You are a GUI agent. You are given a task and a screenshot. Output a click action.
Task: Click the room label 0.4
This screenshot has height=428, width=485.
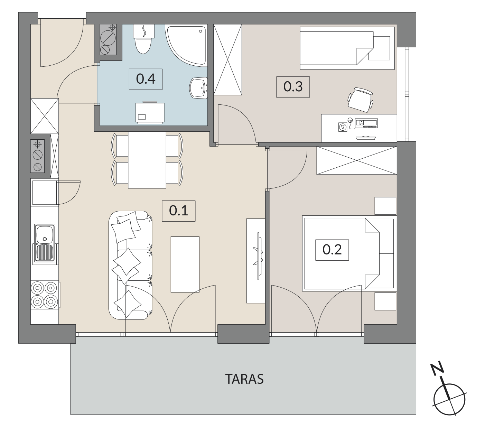146,79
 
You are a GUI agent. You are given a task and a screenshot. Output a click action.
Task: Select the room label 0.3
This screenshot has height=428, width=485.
293,87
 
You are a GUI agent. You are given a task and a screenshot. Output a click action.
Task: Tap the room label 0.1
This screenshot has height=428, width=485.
178,211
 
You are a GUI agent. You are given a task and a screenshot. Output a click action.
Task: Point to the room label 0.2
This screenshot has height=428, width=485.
332,250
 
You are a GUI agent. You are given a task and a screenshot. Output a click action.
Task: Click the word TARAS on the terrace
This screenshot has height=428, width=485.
244,379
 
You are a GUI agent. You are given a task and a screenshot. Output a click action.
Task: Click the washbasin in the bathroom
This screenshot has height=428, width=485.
198,87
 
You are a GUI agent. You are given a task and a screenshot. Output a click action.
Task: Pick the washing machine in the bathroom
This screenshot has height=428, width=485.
150,112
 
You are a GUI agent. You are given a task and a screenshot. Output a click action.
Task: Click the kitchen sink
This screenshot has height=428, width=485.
45,244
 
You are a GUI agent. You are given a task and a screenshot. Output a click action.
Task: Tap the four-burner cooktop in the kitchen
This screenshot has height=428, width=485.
45,295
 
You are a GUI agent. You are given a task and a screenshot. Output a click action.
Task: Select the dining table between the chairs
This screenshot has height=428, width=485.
147,160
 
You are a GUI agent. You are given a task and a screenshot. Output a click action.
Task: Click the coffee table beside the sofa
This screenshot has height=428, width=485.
185,264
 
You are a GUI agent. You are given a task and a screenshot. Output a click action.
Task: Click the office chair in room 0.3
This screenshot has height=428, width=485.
361,100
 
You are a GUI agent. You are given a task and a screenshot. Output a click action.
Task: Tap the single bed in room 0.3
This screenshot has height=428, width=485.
347,48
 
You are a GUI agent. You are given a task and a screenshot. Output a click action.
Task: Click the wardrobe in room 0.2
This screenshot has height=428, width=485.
357,160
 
